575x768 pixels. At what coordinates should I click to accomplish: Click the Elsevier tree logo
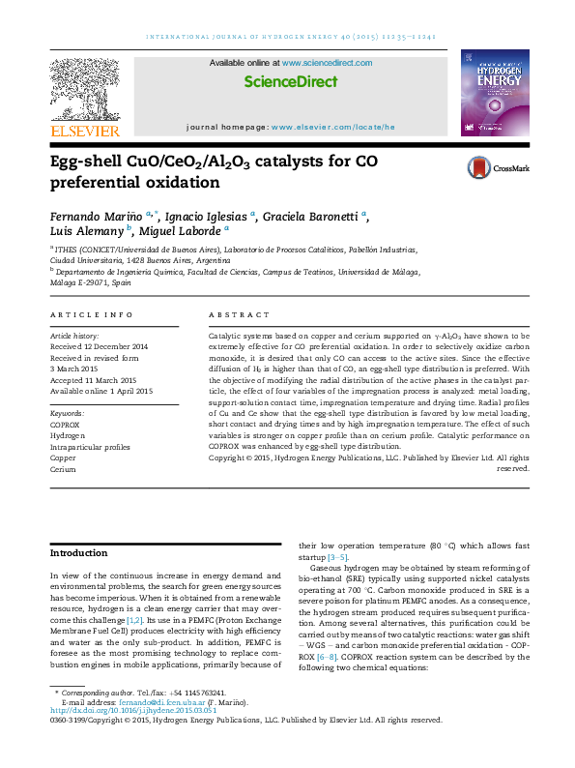[x=85, y=89]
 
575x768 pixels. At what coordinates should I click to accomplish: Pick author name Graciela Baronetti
[x=314, y=215]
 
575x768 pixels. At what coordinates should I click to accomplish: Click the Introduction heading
[x=79, y=553]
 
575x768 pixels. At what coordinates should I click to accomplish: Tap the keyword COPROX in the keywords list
[x=67, y=424]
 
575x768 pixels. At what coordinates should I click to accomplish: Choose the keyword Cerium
[x=63, y=468]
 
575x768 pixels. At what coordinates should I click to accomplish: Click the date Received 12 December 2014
[x=100, y=345]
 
